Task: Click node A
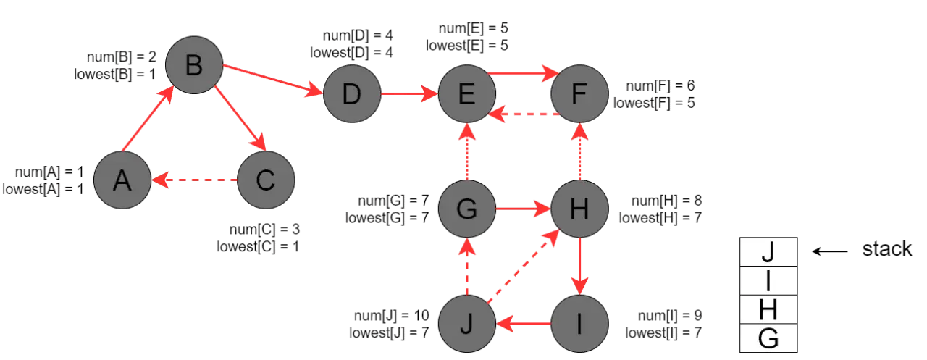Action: tap(122, 180)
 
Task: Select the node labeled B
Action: tap(193, 66)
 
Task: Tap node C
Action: tap(266, 180)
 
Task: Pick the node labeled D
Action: tap(351, 95)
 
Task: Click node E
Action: tap(467, 95)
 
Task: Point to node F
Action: tap(579, 95)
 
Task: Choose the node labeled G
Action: tap(467, 210)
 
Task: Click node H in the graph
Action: tap(579, 210)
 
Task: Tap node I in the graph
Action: tap(579, 324)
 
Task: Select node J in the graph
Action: tap(467, 324)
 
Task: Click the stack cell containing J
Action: tap(768, 254)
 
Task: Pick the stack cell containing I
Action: tap(768, 282)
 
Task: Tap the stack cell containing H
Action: tap(768, 310)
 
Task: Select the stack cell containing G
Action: tap(768, 338)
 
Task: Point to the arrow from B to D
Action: tap(272, 80)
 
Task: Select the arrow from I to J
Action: tap(523, 324)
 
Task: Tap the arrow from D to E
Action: tap(409, 95)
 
